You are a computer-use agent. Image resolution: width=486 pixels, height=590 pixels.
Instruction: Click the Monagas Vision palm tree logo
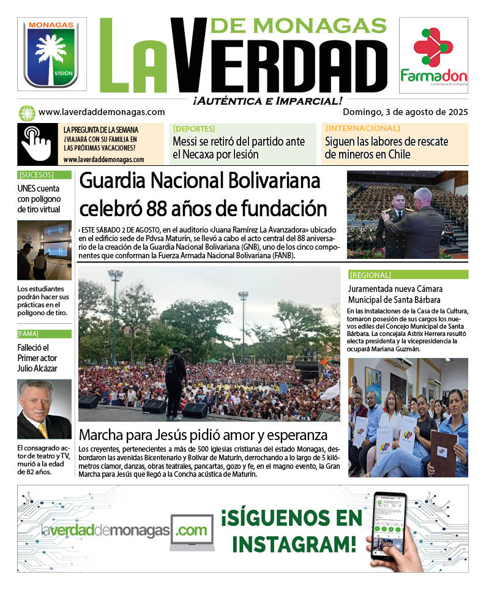(x=51, y=53)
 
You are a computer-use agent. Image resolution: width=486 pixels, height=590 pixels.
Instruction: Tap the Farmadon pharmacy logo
(x=433, y=55)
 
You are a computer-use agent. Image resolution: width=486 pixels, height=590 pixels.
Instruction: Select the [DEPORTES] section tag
(x=194, y=129)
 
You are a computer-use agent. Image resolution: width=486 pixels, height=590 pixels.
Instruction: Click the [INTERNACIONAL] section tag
(x=362, y=129)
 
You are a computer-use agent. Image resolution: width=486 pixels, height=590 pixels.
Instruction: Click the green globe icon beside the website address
(x=26, y=113)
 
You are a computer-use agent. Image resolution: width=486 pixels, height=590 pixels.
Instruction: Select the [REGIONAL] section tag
(x=370, y=275)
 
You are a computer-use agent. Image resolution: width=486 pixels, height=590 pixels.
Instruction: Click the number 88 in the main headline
(x=160, y=209)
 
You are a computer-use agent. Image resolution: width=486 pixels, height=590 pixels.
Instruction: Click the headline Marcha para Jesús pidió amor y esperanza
(x=203, y=436)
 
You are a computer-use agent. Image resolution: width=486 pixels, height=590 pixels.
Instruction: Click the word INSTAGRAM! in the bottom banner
(x=294, y=543)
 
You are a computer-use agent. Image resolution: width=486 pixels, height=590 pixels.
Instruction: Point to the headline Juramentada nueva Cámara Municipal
(x=395, y=294)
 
